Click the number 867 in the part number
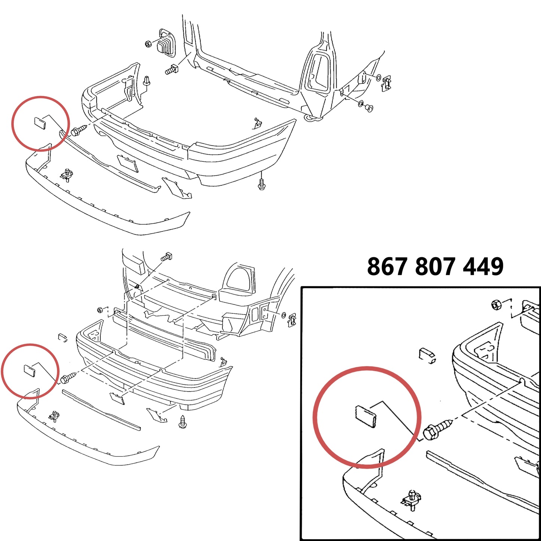point(387,267)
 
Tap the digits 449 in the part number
point(483,267)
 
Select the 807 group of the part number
point(435,267)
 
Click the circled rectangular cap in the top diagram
point(40,124)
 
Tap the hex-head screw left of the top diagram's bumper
point(79,131)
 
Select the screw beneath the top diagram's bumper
point(262,185)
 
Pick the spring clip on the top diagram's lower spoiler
point(67,175)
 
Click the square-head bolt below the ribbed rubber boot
point(171,69)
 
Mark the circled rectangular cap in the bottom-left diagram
point(30,370)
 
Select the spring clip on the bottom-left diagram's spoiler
point(54,416)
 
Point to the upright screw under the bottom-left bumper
point(183,422)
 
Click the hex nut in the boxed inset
point(496,305)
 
